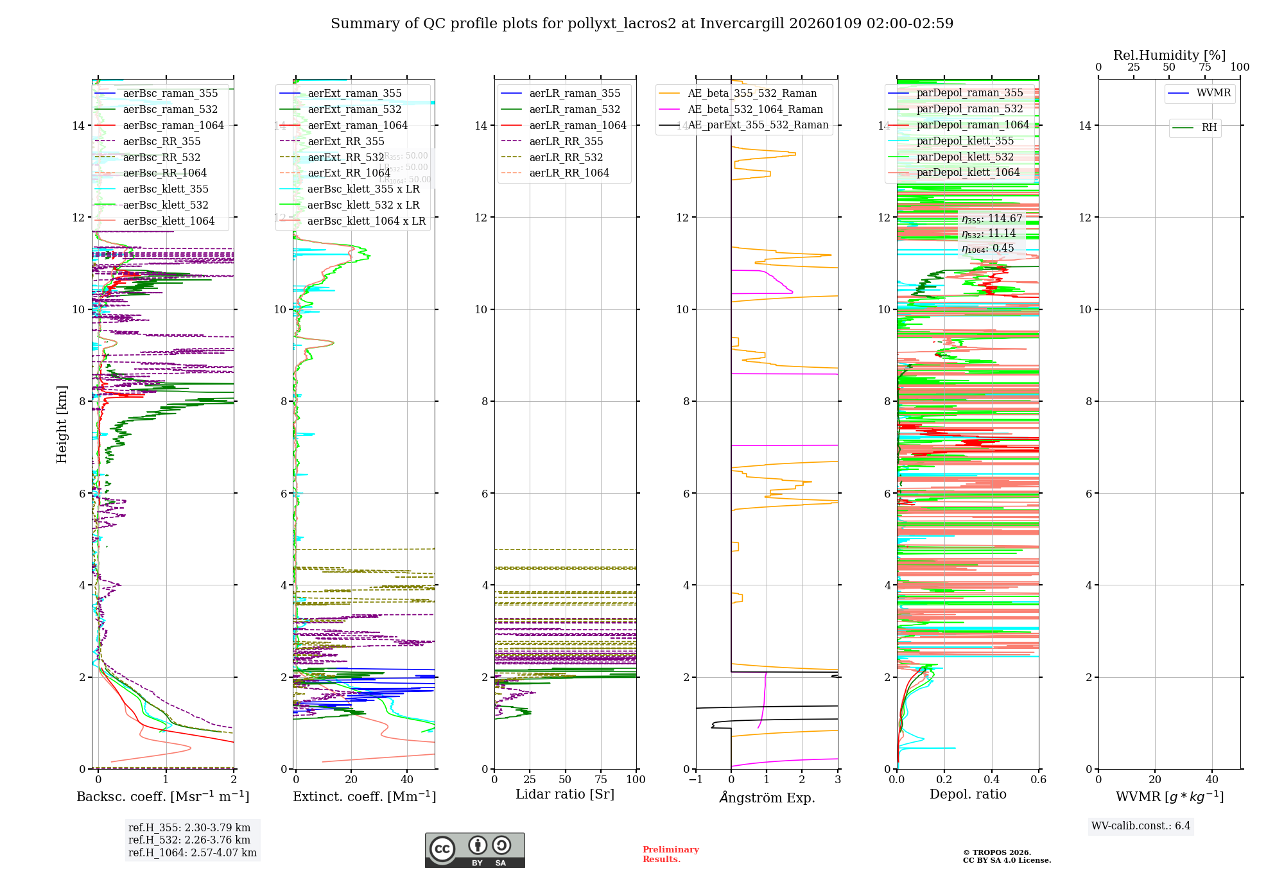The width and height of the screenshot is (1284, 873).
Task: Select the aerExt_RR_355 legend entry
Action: tap(346, 142)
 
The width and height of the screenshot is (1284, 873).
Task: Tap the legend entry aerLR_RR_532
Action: tap(566, 158)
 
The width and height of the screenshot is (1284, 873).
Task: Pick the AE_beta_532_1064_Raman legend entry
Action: tap(755, 110)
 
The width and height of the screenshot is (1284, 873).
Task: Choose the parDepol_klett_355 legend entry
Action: tap(965, 141)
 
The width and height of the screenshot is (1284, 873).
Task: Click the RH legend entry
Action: tap(1209, 128)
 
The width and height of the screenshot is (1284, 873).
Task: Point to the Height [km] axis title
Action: tap(62, 424)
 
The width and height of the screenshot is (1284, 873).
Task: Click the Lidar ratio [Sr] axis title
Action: tap(565, 795)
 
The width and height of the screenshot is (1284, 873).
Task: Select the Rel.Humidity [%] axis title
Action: tap(1169, 55)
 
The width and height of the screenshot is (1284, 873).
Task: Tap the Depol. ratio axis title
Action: tap(967, 795)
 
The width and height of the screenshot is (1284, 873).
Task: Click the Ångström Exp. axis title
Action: tap(767, 798)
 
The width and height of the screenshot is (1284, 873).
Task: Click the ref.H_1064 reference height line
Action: tap(192, 853)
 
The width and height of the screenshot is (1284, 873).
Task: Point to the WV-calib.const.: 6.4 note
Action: tap(1141, 826)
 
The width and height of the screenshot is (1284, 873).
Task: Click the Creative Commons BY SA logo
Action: tap(474, 851)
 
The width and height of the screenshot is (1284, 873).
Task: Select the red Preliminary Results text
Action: tap(670, 854)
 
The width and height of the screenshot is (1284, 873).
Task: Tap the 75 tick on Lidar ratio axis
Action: tap(601, 780)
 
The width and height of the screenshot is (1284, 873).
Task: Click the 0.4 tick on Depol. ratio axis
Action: tap(991, 780)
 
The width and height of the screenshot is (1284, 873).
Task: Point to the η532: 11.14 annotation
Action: tap(989, 234)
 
